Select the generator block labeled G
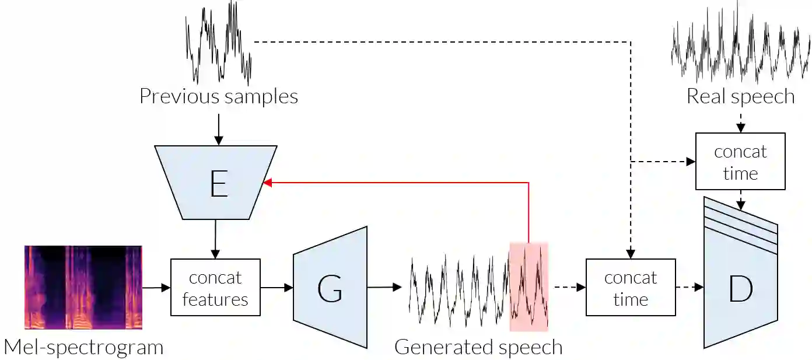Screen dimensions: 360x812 coord(330,287)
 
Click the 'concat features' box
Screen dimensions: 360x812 coord(215,288)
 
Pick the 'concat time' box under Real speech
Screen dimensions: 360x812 coord(740,162)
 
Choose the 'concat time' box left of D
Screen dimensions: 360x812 coord(631,288)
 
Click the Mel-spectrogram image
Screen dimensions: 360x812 coord(83,287)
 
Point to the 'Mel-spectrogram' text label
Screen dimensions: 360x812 coord(83,347)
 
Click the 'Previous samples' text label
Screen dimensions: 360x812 coord(219,96)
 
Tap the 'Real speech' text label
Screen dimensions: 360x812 coord(740,96)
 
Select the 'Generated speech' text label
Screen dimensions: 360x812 coord(478,347)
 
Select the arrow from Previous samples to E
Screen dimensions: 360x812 coord(219,130)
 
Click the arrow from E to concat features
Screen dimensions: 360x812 coord(215,239)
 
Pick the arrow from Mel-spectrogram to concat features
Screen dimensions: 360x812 coord(156,287)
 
